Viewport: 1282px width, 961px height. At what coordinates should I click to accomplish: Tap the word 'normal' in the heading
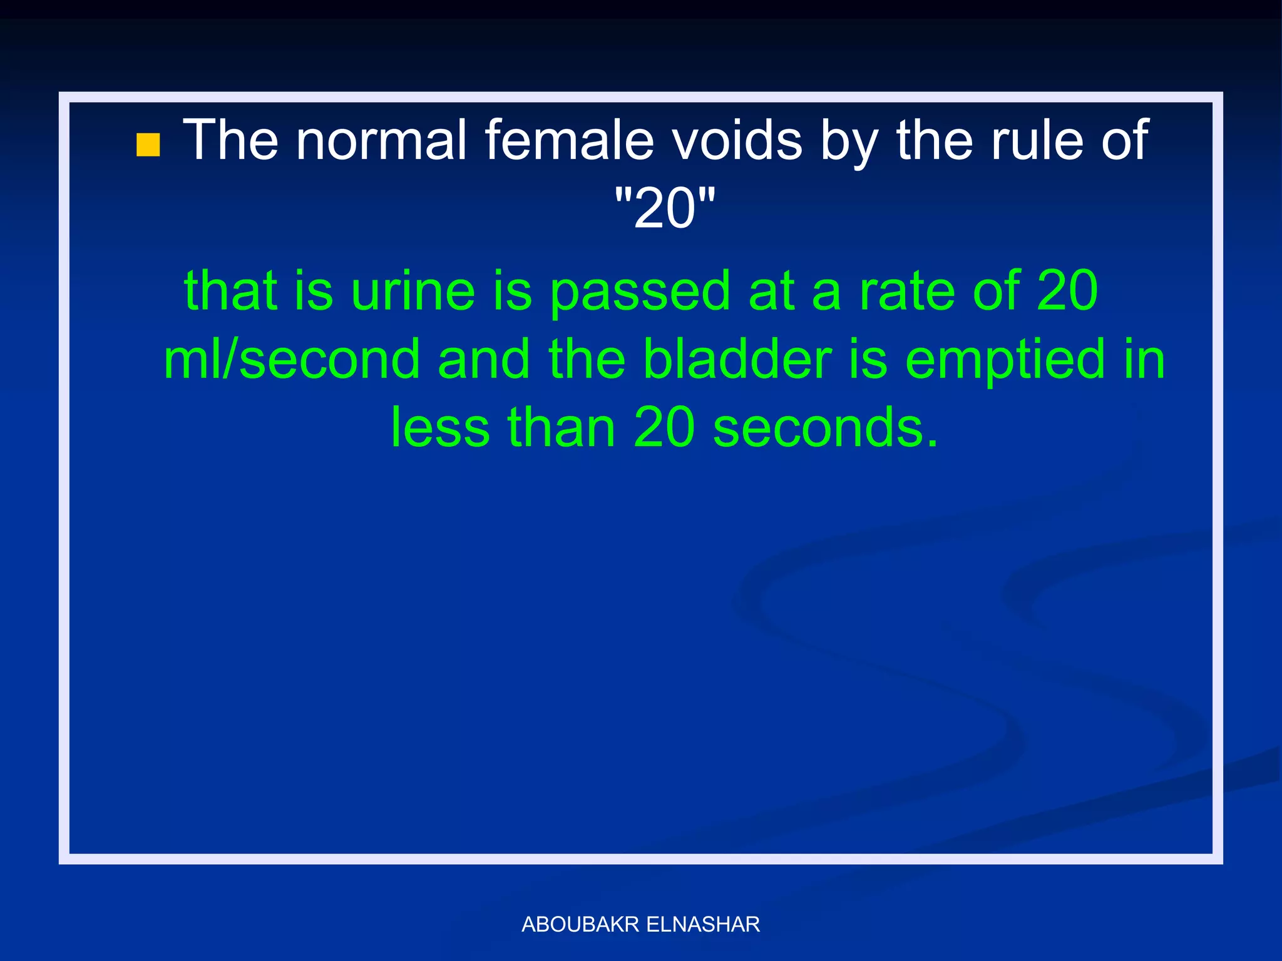click(x=381, y=140)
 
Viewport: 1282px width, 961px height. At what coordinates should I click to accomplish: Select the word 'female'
click(x=569, y=140)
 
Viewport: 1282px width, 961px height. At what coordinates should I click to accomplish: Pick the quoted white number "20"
click(x=664, y=208)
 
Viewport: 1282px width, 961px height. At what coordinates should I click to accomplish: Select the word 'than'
click(x=562, y=428)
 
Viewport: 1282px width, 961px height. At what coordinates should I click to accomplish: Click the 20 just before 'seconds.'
click(x=664, y=428)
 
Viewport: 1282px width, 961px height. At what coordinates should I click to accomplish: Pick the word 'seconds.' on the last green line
click(x=826, y=428)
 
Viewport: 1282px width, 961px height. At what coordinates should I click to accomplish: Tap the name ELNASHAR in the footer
click(x=703, y=924)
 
